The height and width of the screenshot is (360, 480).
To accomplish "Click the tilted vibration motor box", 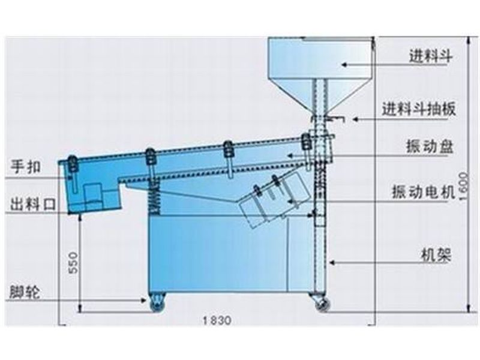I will [x=269, y=198].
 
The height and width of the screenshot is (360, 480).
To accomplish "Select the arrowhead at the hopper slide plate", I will [x=355, y=119].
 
